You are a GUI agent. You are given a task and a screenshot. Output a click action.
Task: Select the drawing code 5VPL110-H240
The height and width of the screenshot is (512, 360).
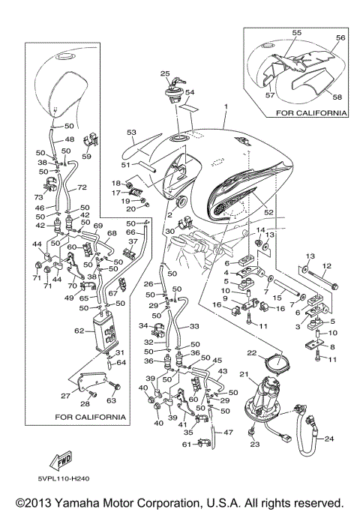coord(63,479)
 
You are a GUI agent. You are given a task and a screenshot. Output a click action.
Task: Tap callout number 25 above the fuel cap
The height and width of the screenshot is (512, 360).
coord(165,73)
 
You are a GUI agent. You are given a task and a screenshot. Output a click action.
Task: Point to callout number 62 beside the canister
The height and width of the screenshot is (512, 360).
coord(79,331)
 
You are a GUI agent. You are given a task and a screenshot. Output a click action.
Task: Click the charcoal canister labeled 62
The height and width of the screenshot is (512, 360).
coord(105,332)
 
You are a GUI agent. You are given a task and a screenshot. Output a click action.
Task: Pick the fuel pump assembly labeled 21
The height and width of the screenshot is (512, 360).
coord(263,399)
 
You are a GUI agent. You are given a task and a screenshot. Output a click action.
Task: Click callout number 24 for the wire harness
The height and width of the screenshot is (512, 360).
coord(329,439)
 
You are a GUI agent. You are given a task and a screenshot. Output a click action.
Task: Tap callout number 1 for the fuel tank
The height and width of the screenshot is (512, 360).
coord(226,106)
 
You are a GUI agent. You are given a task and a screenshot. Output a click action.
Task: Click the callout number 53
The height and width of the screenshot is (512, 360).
coord(132,133)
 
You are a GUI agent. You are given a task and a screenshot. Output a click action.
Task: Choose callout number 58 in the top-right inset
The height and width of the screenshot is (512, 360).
coord(337,97)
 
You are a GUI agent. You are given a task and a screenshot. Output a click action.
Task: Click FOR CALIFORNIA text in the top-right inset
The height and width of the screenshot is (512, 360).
coord(311,113)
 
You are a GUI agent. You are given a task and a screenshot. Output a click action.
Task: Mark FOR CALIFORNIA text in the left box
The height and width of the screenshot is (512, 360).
coord(90,417)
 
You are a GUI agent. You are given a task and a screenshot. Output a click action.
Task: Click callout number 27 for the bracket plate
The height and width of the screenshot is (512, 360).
coord(66,396)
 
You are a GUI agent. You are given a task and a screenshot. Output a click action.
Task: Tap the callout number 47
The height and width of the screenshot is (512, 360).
coord(228,433)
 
